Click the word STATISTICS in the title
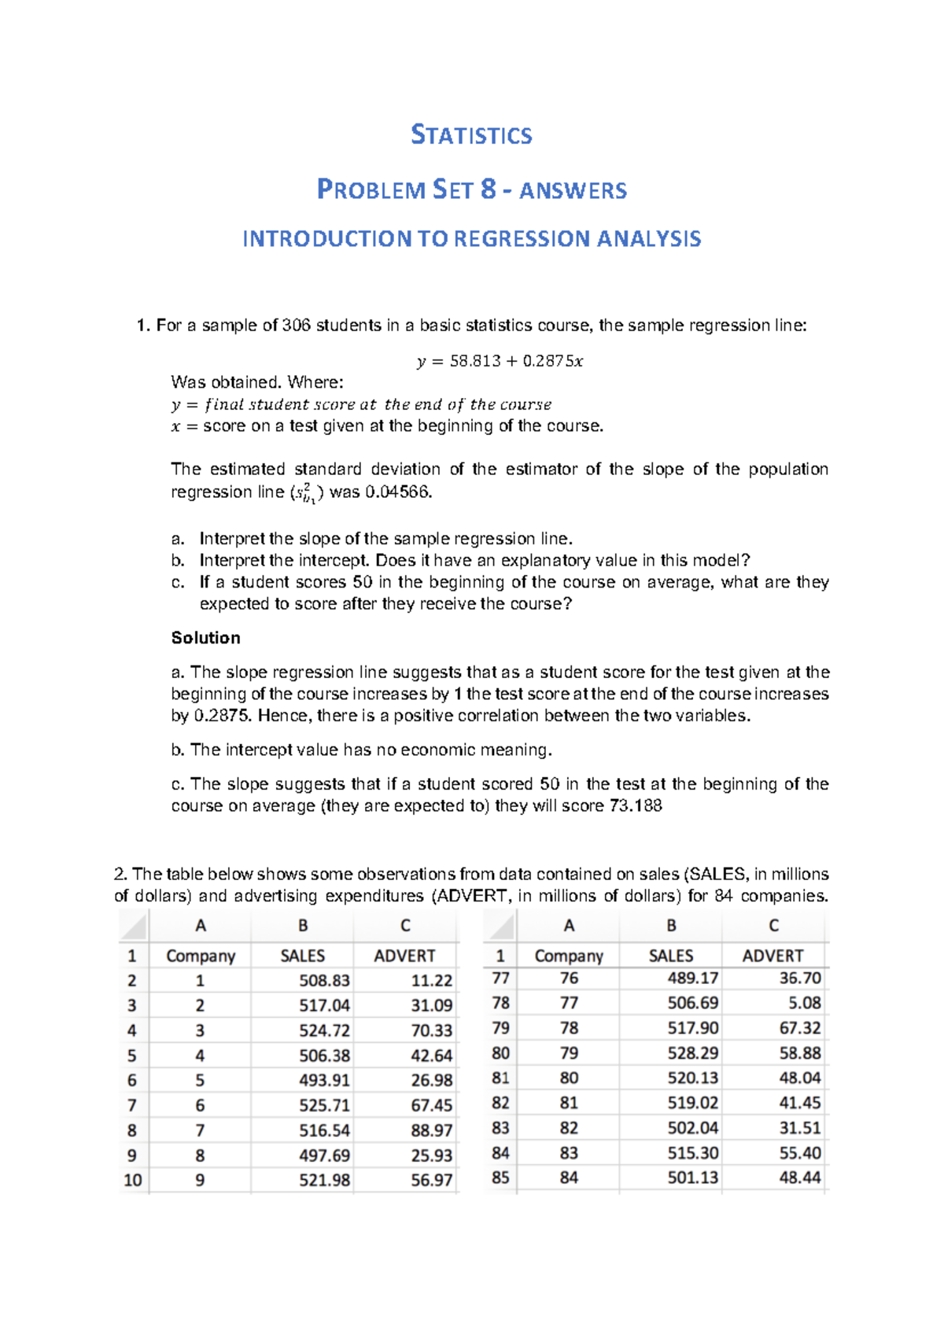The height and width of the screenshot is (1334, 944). (x=471, y=135)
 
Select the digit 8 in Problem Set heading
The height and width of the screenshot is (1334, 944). (x=489, y=190)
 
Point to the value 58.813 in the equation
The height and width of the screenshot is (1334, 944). (x=474, y=362)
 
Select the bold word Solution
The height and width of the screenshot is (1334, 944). (x=205, y=638)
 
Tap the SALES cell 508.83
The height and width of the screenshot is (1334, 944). (x=324, y=981)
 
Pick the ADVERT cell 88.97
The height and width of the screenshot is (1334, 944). (x=431, y=1131)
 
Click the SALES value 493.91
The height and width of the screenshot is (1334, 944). (x=324, y=1081)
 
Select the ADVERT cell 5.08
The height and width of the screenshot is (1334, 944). (x=804, y=1004)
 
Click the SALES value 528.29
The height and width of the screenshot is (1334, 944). (x=692, y=1053)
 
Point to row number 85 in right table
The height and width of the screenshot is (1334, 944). (x=500, y=1178)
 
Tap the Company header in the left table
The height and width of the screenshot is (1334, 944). (x=201, y=956)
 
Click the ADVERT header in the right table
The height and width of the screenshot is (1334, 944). (x=773, y=956)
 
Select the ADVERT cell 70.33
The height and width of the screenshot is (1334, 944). (x=431, y=1030)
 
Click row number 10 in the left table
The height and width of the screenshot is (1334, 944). (x=132, y=1181)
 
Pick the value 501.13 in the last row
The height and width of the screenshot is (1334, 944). (x=692, y=1178)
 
